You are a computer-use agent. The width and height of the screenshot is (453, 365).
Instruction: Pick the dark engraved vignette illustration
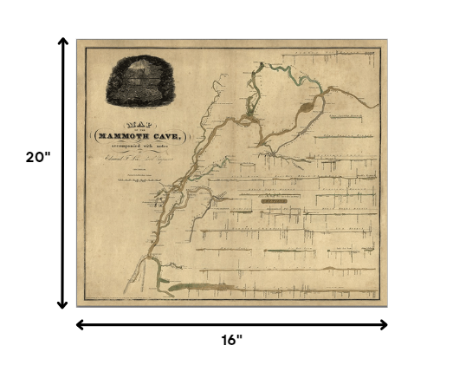point(144,85)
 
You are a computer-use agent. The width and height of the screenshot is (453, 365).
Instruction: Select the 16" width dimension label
point(230,340)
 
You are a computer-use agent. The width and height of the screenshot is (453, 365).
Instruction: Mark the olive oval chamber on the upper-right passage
point(310,108)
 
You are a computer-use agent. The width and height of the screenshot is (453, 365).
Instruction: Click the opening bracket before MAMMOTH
point(93,137)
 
